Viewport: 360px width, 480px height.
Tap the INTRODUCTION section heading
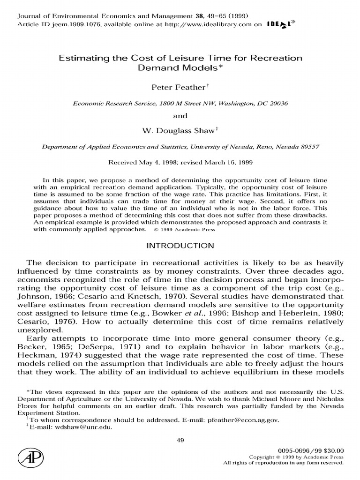pyautogui.click(x=180, y=246)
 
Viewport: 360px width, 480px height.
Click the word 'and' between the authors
pyautogui.click(x=180, y=115)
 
